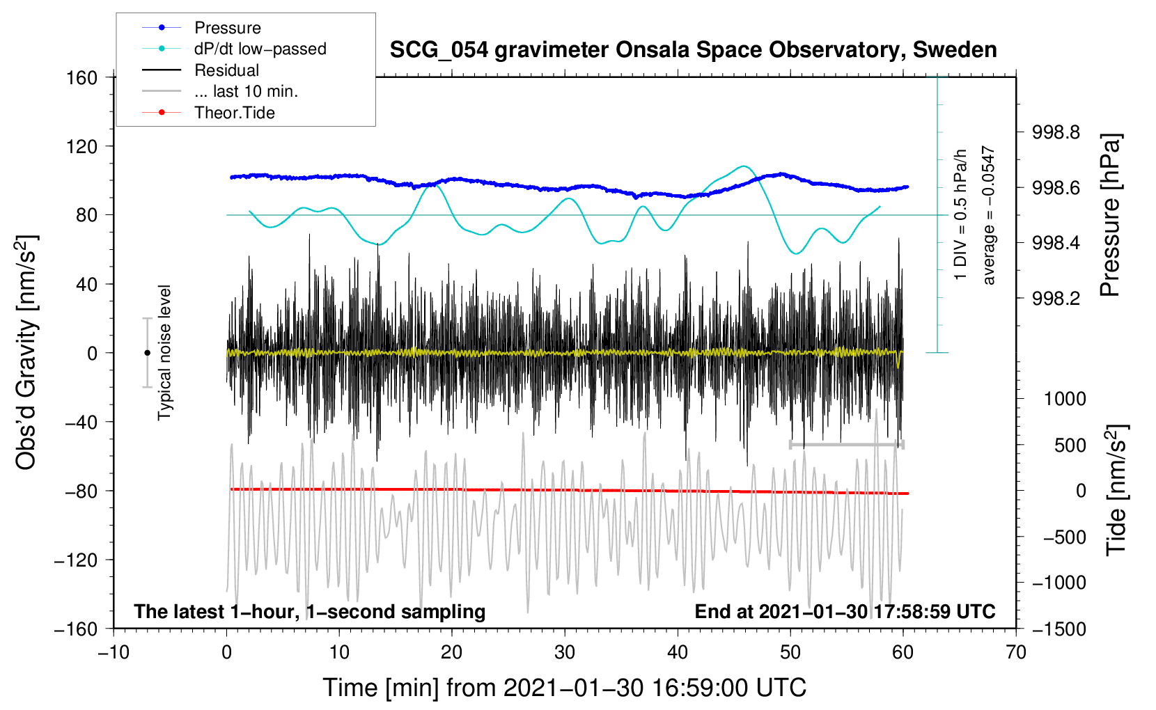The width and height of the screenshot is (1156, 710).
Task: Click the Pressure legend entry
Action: pos(202,27)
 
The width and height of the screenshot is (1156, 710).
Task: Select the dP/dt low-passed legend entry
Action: pos(234,49)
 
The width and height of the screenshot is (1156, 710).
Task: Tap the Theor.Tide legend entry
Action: pos(208,113)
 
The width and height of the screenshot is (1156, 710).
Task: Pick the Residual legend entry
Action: pos(201,70)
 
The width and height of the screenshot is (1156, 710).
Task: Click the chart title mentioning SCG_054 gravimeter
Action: pos(693,50)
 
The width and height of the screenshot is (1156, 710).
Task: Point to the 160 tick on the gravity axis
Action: pos(82,78)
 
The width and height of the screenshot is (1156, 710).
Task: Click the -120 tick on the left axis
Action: pos(77,560)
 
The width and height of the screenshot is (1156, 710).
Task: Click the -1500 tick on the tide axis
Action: pos(1059,629)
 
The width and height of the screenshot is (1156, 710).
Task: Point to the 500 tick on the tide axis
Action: pos(1070,445)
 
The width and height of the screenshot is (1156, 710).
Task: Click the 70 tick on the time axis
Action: pos(1015,652)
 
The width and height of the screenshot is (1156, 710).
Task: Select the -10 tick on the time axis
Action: pos(114,652)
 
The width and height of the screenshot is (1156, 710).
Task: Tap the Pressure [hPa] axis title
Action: pos(1109,215)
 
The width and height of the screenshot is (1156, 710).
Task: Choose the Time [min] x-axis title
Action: pos(565,688)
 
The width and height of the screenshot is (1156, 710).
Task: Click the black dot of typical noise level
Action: pos(147,353)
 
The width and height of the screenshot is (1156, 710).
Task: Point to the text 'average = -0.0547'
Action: pos(987,215)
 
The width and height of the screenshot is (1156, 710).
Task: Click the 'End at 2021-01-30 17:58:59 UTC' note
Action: pos(845,611)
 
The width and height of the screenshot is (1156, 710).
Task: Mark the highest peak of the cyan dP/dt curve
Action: pos(743,166)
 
